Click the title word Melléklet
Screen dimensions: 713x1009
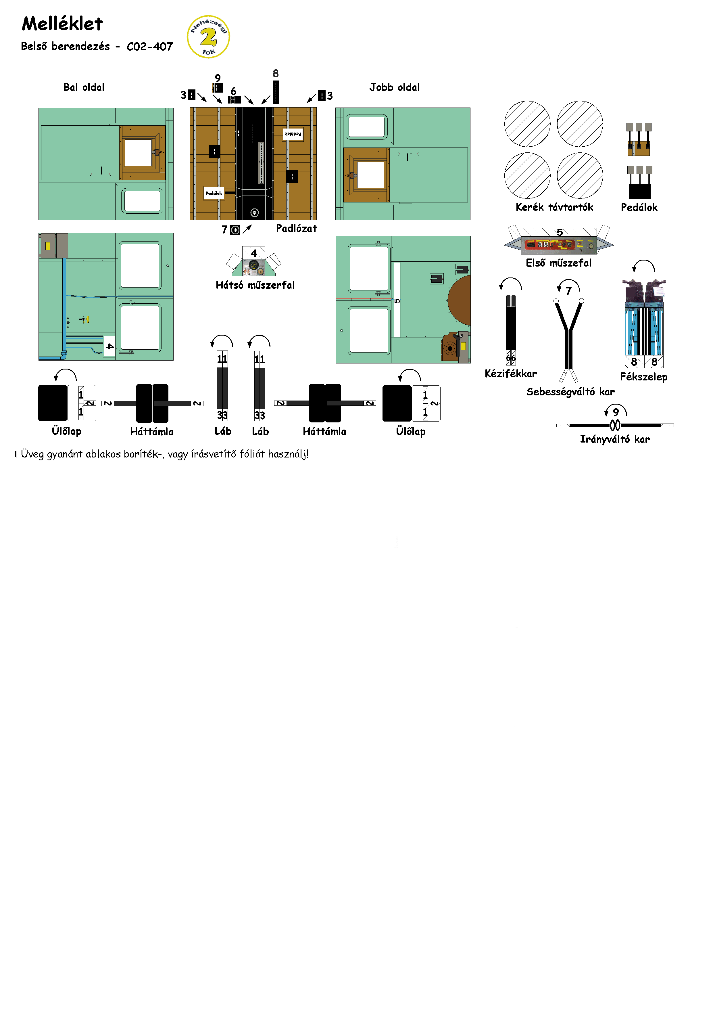click(x=62, y=24)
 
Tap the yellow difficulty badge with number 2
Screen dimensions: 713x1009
click(x=208, y=37)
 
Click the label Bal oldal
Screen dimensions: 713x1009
click(x=84, y=87)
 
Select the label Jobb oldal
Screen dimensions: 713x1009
click(x=395, y=87)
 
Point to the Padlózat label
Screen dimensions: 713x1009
click(x=297, y=228)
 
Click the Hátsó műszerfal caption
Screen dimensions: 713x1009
click(x=255, y=285)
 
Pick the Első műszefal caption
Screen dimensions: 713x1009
click(x=559, y=263)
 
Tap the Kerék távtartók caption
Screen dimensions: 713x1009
click(x=554, y=207)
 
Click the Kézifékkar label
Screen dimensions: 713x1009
click(x=511, y=374)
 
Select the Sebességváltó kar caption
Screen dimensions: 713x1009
click(x=571, y=392)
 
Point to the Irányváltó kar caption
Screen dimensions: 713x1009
click(x=615, y=439)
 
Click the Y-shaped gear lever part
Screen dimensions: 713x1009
click(x=569, y=334)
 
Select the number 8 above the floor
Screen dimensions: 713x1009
click(x=275, y=73)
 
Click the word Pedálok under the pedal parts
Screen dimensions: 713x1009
click(x=639, y=207)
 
